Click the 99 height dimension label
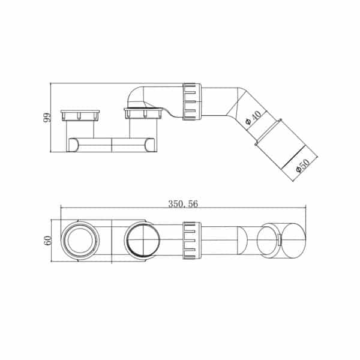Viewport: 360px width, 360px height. pos(47,118)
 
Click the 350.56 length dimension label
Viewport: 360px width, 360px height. pos(183,204)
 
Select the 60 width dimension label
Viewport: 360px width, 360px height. pos(48,241)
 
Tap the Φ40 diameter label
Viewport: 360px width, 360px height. pos(253,118)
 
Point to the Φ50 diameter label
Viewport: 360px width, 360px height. pos(303,165)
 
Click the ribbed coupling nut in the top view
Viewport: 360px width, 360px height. pos(192,241)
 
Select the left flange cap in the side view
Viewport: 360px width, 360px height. pos(80,115)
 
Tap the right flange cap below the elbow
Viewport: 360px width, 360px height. pos(143,113)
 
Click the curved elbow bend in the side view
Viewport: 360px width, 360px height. pos(136,97)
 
